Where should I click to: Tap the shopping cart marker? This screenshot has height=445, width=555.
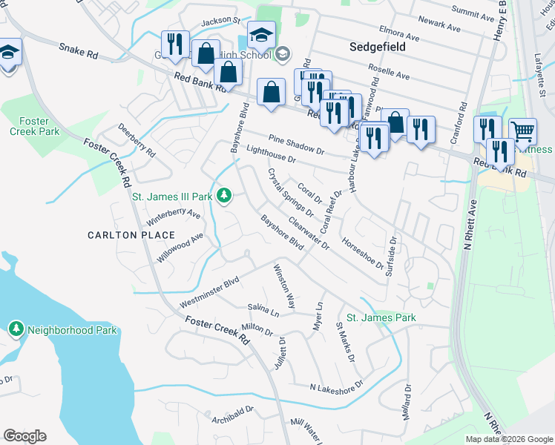click(522, 131)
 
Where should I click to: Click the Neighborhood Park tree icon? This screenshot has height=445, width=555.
click(16, 328)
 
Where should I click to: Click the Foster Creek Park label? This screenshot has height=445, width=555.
click(35, 125)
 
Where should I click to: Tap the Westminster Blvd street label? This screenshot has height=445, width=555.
click(210, 294)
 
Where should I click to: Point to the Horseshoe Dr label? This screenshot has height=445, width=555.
click(362, 253)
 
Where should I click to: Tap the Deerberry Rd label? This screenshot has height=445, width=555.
click(137, 140)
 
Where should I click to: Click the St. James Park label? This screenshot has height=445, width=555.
click(381, 317)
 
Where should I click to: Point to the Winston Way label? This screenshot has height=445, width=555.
click(284, 286)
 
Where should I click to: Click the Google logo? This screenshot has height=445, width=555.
click(24, 436)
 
